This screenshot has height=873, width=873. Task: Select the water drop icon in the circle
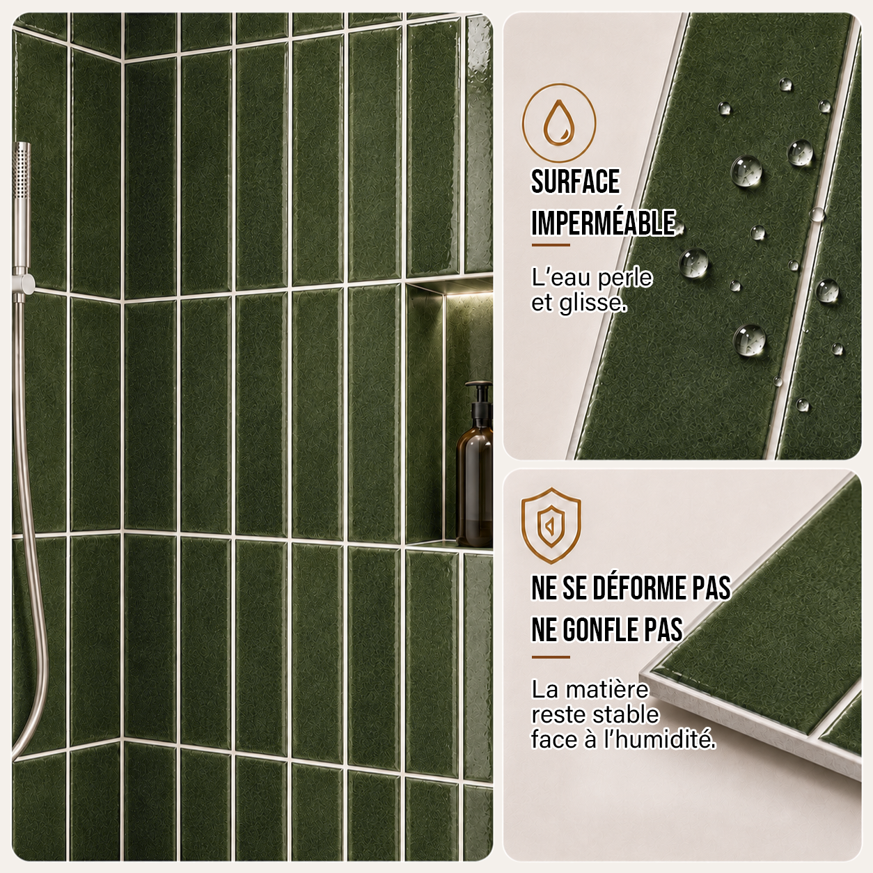[x=559, y=123]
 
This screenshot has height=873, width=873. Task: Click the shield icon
[x=551, y=526]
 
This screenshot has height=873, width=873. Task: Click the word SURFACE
[x=575, y=182]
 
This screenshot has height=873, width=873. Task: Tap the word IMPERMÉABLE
[x=603, y=223]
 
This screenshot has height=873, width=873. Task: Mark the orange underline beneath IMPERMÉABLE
[x=551, y=245]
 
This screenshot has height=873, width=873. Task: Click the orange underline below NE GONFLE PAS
[x=551, y=657]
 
